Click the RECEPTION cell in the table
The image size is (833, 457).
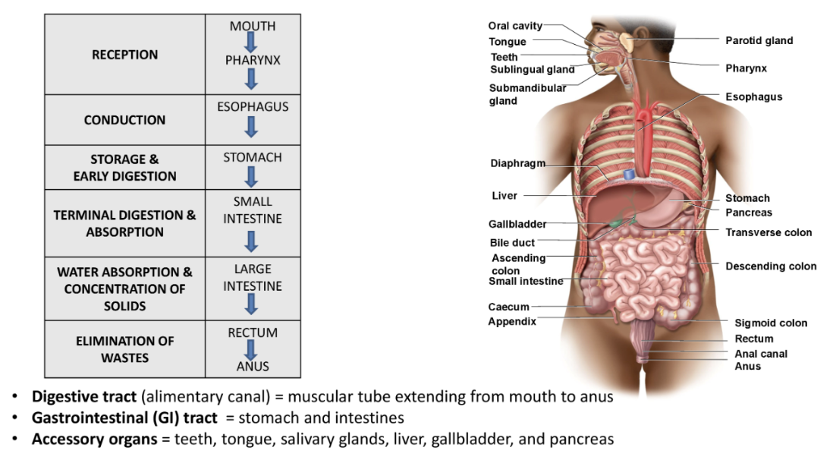tap(124, 55)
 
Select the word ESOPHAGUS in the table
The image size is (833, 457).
tap(253, 107)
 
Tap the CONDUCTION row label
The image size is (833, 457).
tap(124, 120)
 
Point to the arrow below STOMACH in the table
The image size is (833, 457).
tap(253, 176)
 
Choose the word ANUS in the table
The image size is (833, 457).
tap(253, 367)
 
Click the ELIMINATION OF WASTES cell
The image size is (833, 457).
tap(124, 349)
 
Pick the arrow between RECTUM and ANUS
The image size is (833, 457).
tap(253, 350)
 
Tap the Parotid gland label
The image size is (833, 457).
tap(759, 40)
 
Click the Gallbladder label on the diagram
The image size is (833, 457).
tap(517, 224)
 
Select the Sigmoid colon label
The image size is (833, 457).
tap(771, 323)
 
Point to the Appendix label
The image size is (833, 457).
tap(512, 321)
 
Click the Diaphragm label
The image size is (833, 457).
tap(517, 163)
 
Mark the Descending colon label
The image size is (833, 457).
tap(771, 266)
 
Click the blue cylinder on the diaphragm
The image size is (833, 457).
tap(629, 174)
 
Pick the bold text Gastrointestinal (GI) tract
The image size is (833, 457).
tap(124, 418)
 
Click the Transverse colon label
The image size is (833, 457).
tap(769, 232)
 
